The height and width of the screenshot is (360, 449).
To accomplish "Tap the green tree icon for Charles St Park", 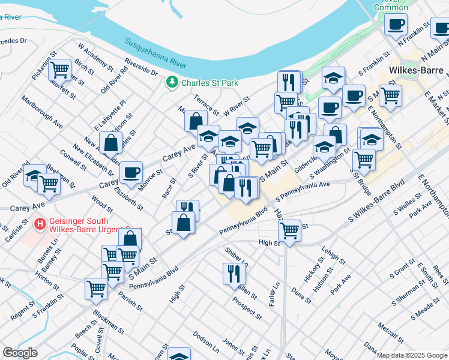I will coord(173,81).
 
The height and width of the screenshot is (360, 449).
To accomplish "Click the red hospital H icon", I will coord(40,224).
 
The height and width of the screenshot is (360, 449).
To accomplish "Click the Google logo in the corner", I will coord(20,353).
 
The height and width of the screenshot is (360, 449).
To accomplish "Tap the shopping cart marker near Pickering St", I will coord(60,70).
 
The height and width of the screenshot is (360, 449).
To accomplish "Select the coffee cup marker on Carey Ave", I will coord(131,172).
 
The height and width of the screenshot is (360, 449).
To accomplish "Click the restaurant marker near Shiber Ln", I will coord(234,274).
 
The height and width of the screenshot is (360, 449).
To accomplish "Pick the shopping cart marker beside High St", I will coord(290,230).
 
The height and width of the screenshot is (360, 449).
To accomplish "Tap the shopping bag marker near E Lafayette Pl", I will coord(112,143).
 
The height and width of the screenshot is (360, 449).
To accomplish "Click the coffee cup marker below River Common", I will coord(396,24).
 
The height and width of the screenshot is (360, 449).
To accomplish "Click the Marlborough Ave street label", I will coord(41,112).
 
